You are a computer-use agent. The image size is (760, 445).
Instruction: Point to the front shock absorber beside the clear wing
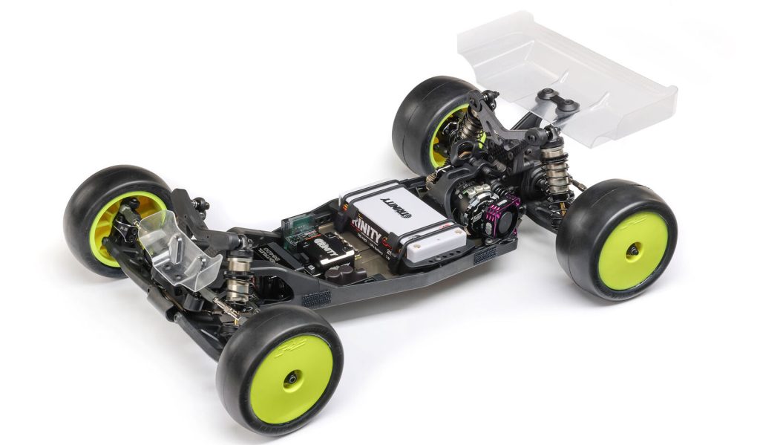(237, 276)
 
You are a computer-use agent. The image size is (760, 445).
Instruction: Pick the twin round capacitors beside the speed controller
(349, 273)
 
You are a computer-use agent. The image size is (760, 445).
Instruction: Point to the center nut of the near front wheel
(292, 380)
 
